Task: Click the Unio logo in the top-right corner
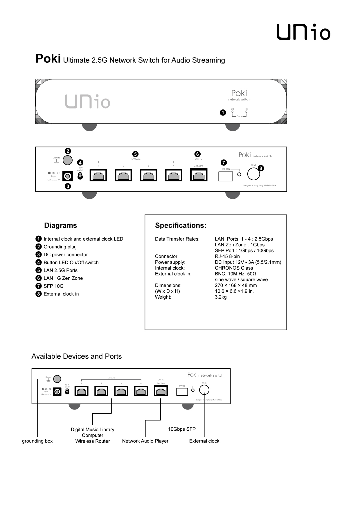click(303, 32)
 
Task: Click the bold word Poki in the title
click(48, 59)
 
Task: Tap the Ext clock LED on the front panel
click(232, 111)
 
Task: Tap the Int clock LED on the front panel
click(246, 111)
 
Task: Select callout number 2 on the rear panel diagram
click(68, 151)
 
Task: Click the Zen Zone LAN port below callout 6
click(199, 175)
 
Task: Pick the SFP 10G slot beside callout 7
click(226, 176)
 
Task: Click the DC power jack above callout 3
click(68, 176)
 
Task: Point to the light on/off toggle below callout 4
click(80, 176)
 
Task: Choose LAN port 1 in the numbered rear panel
click(98, 176)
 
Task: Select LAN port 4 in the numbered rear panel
click(174, 176)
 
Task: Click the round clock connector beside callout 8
click(253, 174)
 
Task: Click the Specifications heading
click(181, 225)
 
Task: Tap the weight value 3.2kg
click(221, 297)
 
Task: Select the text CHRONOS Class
click(234, 268)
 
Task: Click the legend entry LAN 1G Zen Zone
click(63, 278)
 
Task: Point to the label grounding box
click(37, 441)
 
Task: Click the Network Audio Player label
click(145, 441)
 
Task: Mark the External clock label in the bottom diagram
click(204, 441)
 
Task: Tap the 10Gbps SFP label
click(182, 429)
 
